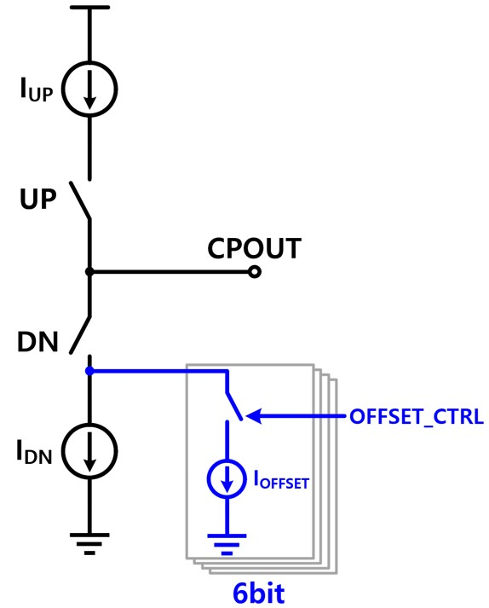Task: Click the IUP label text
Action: click(x=37, y=90)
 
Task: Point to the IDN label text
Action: click(x=34, y=452)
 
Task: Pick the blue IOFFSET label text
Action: click(x=281, y=479)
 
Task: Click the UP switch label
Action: click(x=38, y=199)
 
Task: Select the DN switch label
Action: click(x=37, y=342)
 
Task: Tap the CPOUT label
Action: click(x=254, y=248)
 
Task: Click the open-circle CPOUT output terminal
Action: click(x=254, y=272)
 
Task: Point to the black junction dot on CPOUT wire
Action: click(x=89, y=272)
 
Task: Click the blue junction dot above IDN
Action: click(x=89, y=371)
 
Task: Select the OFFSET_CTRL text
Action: click(x=417, y=417)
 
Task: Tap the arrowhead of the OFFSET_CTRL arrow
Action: click(x=254, y=416)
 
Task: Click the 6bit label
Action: click(x=259, y=593)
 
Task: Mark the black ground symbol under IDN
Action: click(x=89, y=544)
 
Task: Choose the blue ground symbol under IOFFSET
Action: click(x=227, y=545)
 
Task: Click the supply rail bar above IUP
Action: click(x=89, y=7)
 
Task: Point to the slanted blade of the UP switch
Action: click(x=80, y=201)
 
